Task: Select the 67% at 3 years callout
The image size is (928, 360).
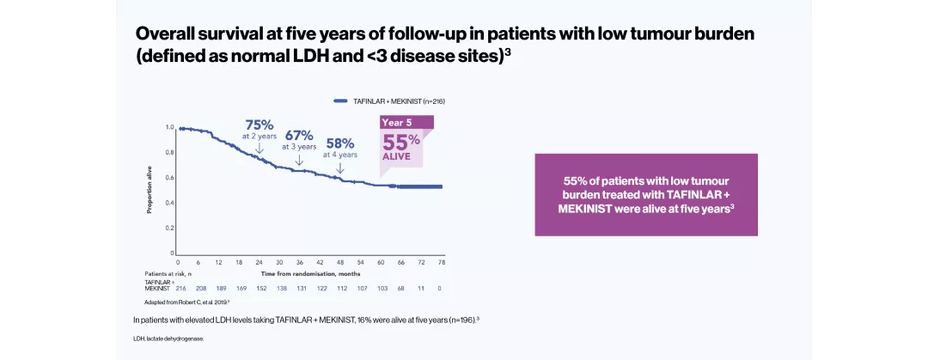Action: [299, 139]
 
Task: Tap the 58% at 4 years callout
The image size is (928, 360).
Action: [340, 148]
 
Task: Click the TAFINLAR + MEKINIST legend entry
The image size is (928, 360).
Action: [389, 101]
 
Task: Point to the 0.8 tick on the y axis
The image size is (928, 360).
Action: [170, 152]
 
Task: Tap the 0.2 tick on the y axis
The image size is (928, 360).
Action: [170, 228]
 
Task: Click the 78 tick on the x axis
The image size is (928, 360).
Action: [442, 262]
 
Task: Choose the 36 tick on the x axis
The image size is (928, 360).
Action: [300, 262]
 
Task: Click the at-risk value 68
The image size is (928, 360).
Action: [400, 288]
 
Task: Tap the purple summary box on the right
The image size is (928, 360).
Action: [646, 194]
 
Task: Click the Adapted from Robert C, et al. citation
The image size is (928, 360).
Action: [186, 302]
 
